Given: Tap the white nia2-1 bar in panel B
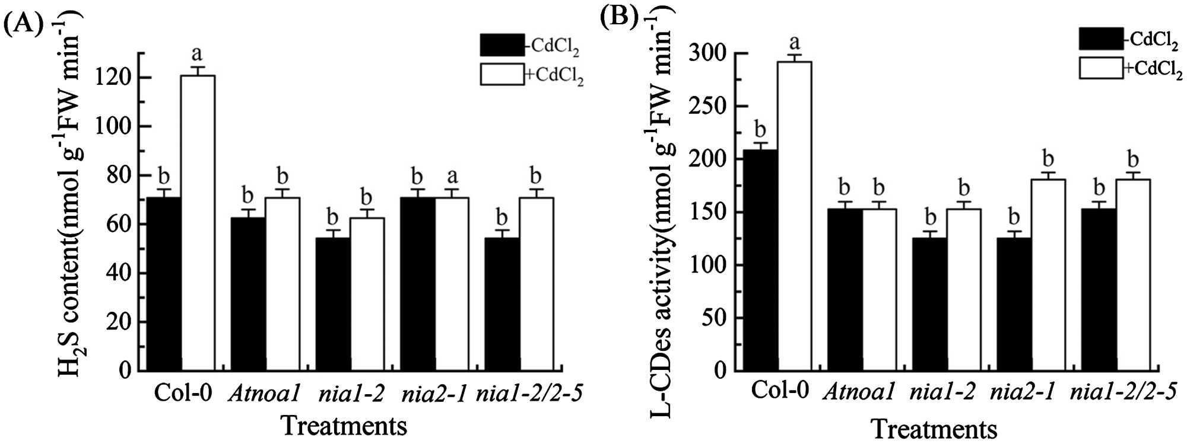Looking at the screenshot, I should coord(1048,274).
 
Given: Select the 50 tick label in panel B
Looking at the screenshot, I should coord(715,317).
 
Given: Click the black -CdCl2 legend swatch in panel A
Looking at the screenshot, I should coord(502,44).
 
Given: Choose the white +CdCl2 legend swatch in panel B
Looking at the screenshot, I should coord(1100,68).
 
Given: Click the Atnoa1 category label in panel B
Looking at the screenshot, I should coord(859,392).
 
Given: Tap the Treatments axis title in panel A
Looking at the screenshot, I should coord(344,426).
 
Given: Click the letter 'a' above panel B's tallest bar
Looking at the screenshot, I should coord(794,43).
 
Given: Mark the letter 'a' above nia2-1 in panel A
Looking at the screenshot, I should coord(452,176).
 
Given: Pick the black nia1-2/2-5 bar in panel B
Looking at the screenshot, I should coord(1099,289).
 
